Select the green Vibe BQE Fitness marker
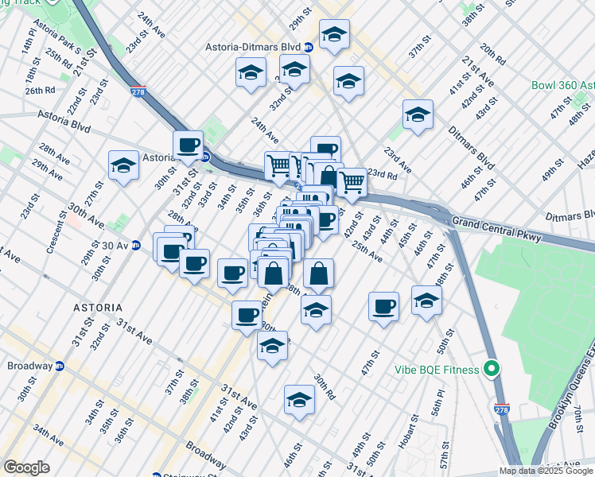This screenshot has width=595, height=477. pos(492,370)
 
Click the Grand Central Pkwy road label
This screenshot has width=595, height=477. pos(496,230)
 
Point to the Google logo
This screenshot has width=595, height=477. pos(26,467)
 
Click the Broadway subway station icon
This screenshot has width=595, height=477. pos(59,366)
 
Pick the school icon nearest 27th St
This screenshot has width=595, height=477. pos(123,166)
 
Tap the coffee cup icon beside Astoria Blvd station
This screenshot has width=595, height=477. pos(189,145)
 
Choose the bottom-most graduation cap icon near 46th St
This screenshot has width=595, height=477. pos(299,400)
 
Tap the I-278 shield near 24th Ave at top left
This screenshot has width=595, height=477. pos(138,92)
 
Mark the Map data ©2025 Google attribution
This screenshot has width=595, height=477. pos(546,471)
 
